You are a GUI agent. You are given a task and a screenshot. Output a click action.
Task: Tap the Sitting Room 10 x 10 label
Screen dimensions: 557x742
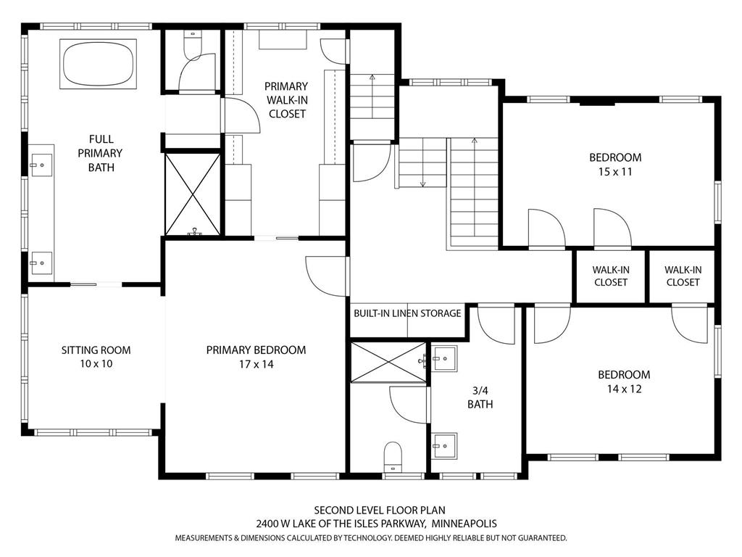[96, 357]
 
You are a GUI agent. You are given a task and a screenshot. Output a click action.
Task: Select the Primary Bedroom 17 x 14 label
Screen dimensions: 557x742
[256, 357]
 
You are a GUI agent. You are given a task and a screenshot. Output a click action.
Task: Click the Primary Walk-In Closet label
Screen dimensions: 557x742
[287, 100]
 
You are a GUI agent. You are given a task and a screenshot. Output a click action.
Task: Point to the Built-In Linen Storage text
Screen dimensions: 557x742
[407, 313]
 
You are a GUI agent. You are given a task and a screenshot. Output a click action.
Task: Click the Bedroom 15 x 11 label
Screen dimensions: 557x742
[614, 165]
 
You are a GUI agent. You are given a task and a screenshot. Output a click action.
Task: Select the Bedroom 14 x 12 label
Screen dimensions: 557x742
[623, 381]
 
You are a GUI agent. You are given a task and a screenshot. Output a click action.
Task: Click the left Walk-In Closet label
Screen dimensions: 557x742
[610, 276]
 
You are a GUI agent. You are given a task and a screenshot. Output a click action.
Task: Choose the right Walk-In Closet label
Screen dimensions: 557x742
[683, 276]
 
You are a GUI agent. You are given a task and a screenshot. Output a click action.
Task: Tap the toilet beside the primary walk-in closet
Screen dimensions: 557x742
[193, 44]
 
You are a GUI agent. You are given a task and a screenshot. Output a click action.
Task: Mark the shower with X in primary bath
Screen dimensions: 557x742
[193, 194]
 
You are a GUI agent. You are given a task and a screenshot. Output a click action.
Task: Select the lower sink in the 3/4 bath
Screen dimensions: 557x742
[444, 443]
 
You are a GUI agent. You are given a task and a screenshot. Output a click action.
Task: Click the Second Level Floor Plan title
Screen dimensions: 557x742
[375, 510]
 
